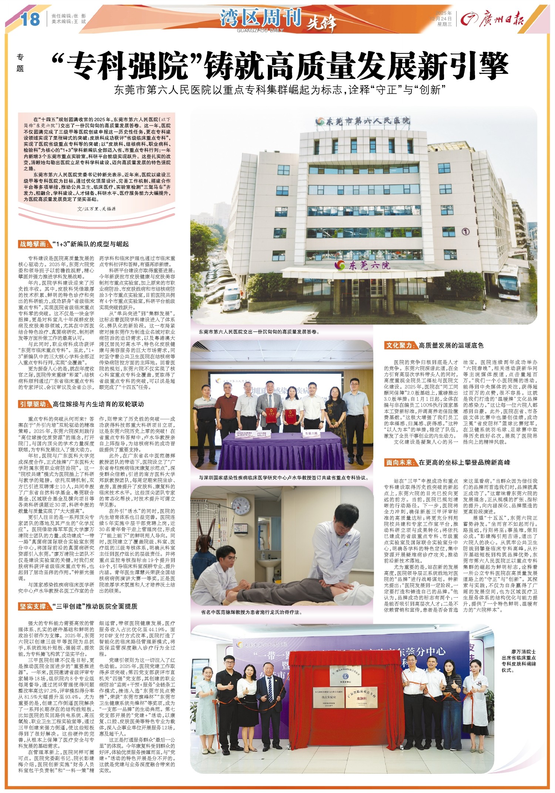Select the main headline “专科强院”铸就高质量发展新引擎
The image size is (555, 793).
pos(280,65)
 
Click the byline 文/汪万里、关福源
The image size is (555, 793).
pos(97,209)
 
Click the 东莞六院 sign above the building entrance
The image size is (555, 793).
pos(363,265)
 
